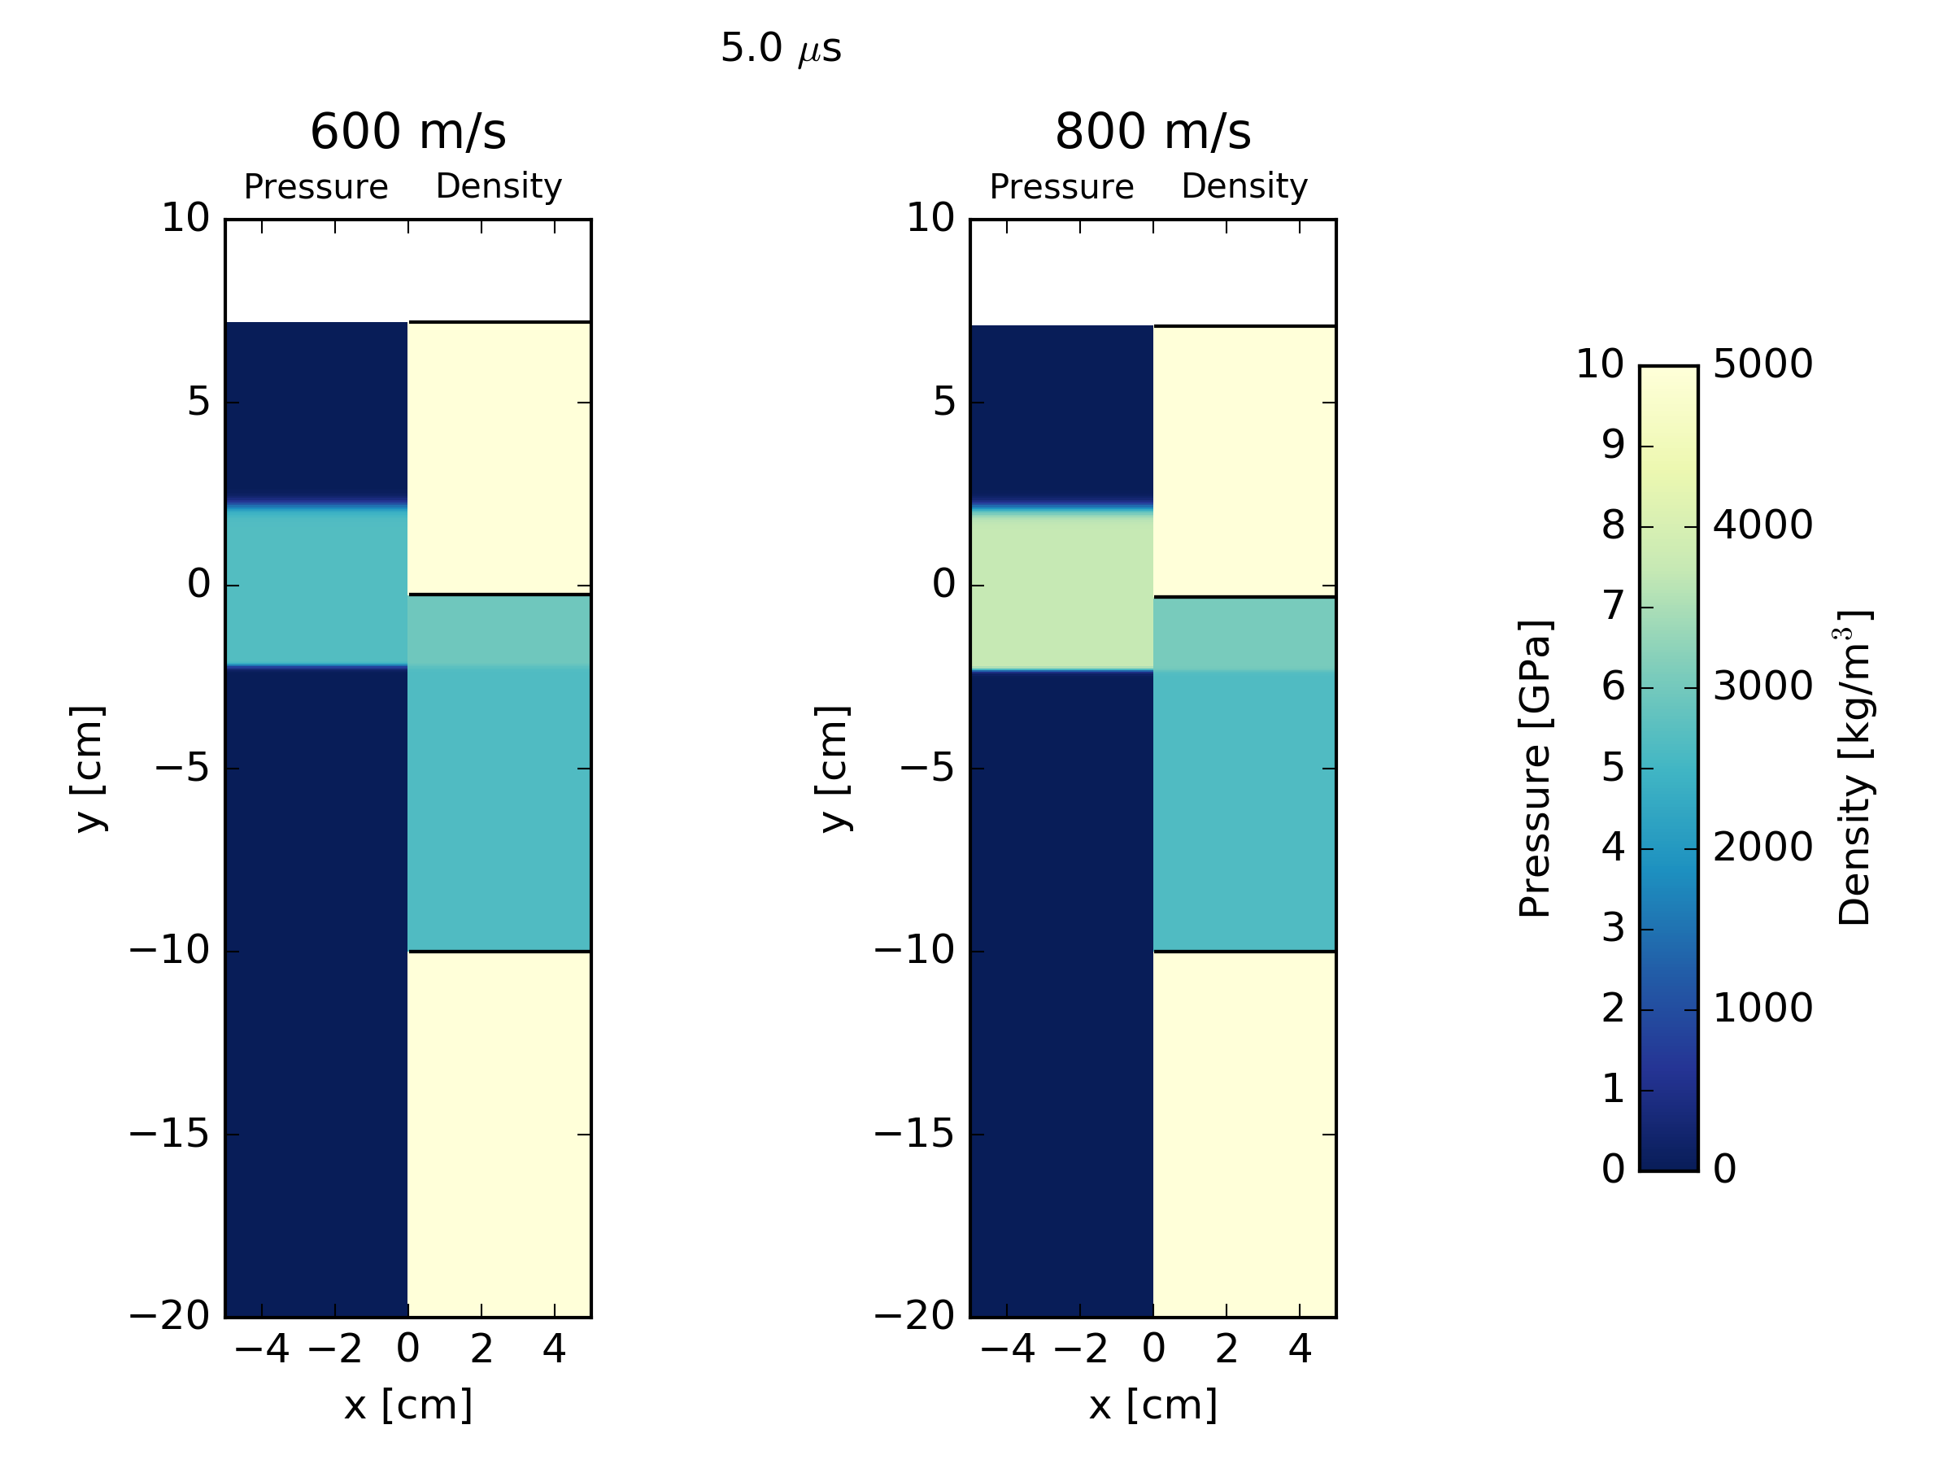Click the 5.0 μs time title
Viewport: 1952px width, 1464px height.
[x=780, y=49]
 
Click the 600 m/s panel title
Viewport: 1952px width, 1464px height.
[x=407, y=133]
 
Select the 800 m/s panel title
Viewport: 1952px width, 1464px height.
[x=1152, y=133]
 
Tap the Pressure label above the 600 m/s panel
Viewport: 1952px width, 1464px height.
[x=316, y=187]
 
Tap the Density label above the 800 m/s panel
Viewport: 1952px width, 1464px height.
[x=1244, y=186]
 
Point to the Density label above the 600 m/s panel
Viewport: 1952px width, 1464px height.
[x=499, y=186]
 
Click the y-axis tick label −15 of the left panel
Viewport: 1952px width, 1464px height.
[x=169, y=1134]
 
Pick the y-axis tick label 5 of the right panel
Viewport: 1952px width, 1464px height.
[x=943, y=403]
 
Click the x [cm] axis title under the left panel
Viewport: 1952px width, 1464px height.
[x=407, y=1405]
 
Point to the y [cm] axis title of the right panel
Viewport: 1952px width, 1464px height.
[x=834, y=769]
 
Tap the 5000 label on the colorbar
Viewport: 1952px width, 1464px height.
[x=1762, y=364]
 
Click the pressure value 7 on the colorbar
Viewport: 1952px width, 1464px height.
[x=1612, y=607]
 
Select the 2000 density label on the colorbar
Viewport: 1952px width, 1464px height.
[x=1762, y=848]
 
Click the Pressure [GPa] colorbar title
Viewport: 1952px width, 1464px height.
[x=1535, y=769]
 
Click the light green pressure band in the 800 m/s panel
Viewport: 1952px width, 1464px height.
[x=1061, y=591]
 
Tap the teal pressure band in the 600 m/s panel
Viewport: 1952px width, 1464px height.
[x=316, y=587]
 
